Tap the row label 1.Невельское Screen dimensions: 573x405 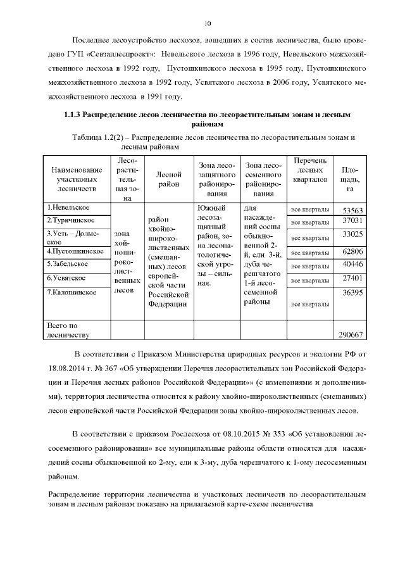click(x=68, y=208)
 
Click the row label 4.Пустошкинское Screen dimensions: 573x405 click(x=75, y=251)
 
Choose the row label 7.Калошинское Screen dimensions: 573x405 click(x=72, y=293)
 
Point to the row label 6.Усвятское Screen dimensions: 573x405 click(x=68, y=278)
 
